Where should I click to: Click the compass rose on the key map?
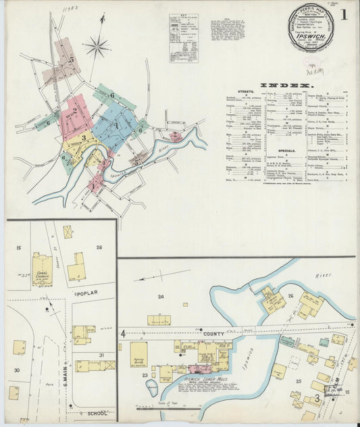97,47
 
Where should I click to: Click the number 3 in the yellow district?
83,139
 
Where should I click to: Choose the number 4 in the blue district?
116,125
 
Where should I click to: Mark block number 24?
161,297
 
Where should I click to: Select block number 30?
16,369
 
